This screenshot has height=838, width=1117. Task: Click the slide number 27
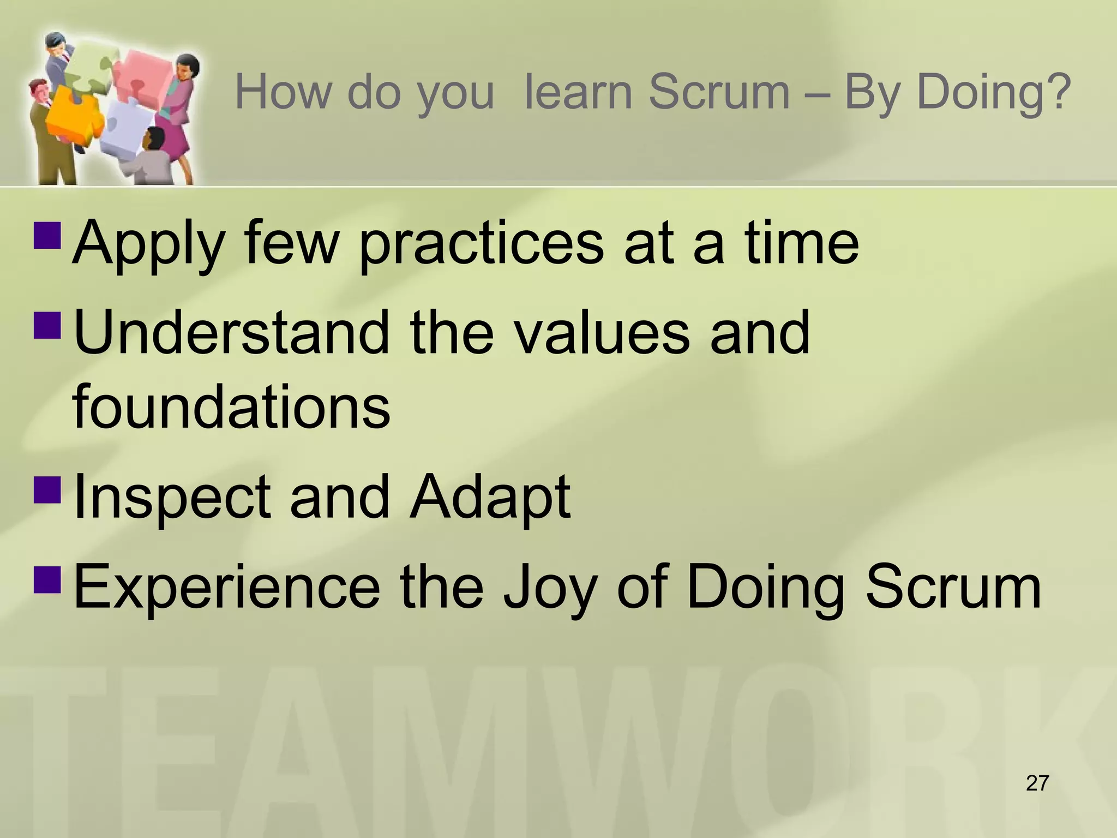(1037, 783)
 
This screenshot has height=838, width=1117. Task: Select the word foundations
(231, 406)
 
